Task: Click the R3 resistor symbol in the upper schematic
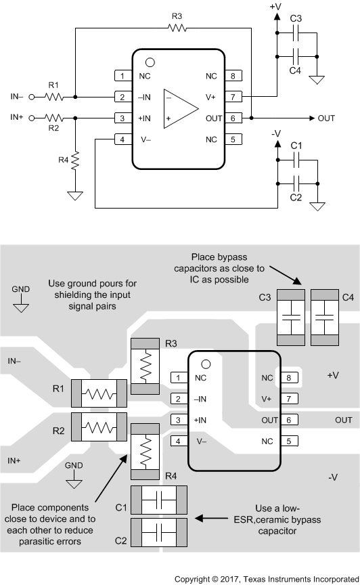(x=177, y=28)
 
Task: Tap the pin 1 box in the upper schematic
(x=122, y=76)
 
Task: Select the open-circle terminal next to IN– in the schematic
(x=32, y=97)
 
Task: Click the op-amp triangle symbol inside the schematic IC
(x=181, y=108)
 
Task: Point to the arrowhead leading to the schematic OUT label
(x=312, y=118)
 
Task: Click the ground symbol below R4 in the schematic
(x=75, y=196)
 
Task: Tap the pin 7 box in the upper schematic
(x=233, y=97)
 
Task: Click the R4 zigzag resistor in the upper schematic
(x=75, y=160)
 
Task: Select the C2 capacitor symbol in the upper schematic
(x=297, y=183)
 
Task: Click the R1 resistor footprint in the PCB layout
(x=99, y=393)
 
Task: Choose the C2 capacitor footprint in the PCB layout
(x=159, y=532)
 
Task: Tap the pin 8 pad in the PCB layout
(x=289, y=378)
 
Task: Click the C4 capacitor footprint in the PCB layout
(x=325, y=318)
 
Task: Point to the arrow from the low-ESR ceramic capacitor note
(x=212, y=518)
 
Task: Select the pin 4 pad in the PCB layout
(x=178, y=441)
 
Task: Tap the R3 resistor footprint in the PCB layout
(x=145, y=366)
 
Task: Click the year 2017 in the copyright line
(x=228, y=579)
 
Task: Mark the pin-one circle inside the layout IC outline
(x=206, y=364)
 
